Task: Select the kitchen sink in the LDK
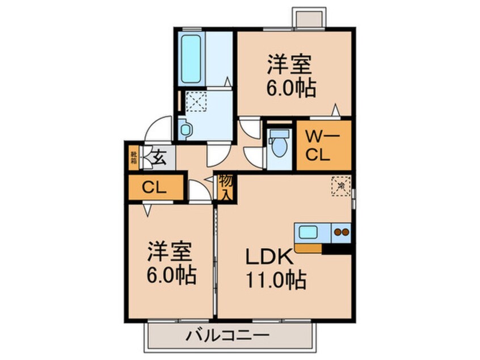[x=309, y=233]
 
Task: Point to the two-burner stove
[x=342, y=232]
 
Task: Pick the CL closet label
[x=154, y=187]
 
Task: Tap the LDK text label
[x=269, y=258]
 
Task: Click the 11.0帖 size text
[x=276, y=279]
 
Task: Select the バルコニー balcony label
[x=227, y=336]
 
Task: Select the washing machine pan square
[x=196, y=102]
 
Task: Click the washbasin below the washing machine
[x=186, y=129]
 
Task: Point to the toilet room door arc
[x=252, y=154]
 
